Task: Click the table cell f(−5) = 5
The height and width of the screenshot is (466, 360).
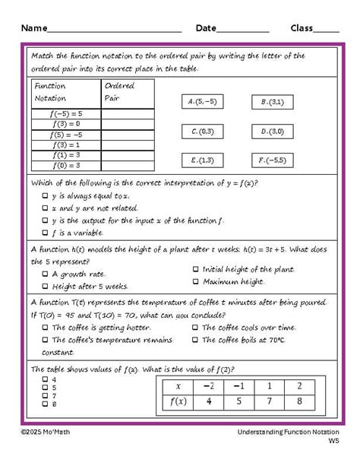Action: (x=67, y=113)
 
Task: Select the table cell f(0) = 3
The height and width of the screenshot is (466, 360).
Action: (x=67, y=164)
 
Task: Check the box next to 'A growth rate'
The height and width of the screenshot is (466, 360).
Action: (x=45, y=274)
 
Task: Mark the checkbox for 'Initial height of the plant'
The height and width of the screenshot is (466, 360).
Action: (x=196, y=269)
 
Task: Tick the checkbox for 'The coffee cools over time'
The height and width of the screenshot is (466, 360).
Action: (x=196, y=328)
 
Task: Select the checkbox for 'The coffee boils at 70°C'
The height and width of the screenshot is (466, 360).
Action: (x=196, y=340)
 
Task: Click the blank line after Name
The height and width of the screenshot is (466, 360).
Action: (x=114, y=29)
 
